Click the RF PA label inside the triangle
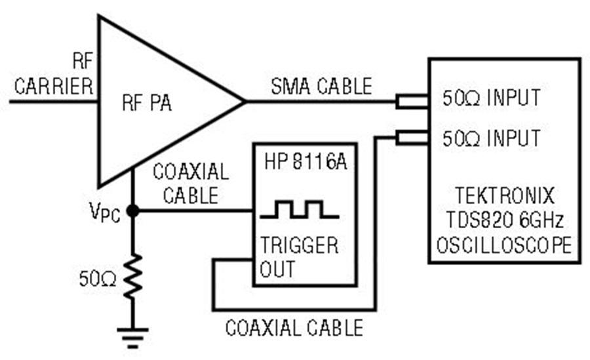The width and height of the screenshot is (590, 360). (147, 102)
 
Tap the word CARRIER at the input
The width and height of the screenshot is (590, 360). (54, 87)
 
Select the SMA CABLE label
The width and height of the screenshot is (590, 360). (322, 87)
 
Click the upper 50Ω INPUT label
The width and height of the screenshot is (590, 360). (492, 98)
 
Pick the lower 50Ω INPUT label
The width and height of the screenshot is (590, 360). (492, 138)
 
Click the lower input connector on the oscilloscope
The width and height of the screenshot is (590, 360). (412, 138)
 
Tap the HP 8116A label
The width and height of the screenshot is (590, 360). (305, 162)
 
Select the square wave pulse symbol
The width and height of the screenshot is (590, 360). (300, 210)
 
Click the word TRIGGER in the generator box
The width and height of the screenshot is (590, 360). (299, 245)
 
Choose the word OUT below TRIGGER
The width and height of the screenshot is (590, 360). (277, 269)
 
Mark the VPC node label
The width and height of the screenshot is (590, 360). (105, 212)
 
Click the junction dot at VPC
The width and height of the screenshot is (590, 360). (133, 211)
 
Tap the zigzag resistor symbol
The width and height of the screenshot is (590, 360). (133, 277)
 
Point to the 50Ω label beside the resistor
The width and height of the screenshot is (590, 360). (98, 279)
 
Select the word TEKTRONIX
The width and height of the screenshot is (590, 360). (505, 196)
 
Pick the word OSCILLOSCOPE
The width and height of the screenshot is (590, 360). (504, 245)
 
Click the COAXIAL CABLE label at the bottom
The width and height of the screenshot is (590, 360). (294, 328)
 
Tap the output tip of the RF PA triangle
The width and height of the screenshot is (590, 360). (245, 101)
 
